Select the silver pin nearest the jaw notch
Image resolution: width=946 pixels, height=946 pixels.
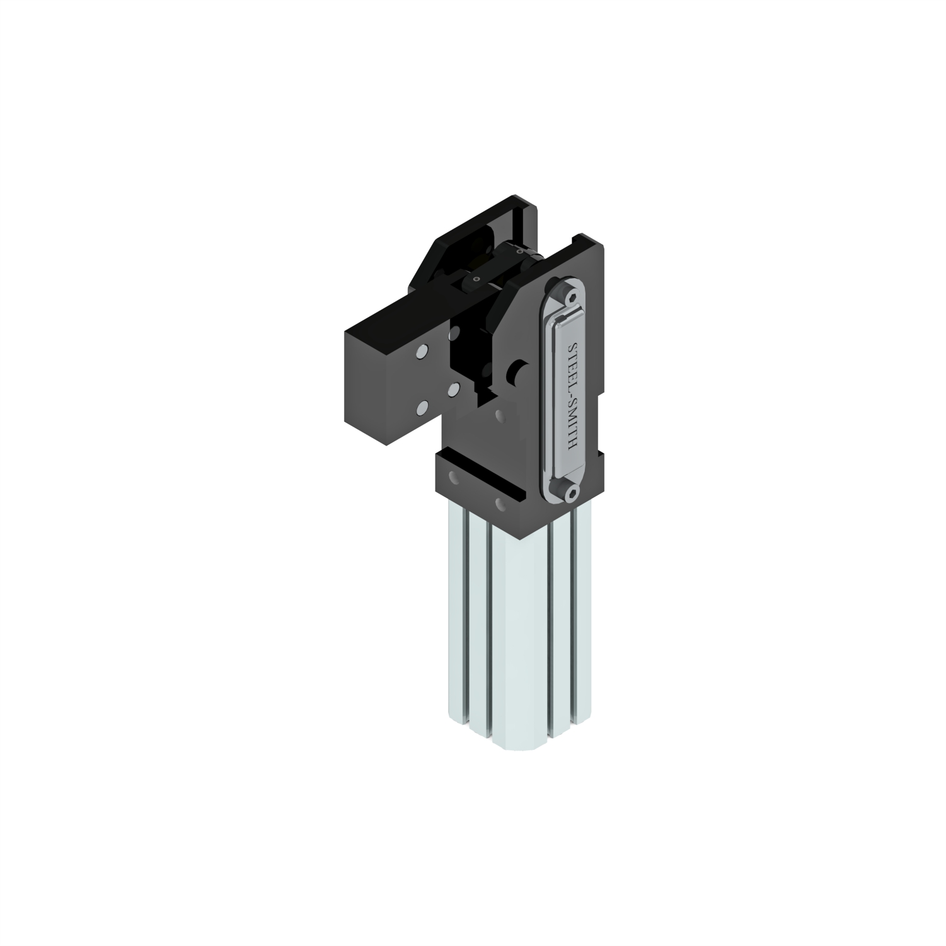[x=452, y=389]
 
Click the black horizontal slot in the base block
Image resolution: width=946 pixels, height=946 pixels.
[x=485, y=481]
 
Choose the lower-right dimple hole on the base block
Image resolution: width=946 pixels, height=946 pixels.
[x=500, y=505]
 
